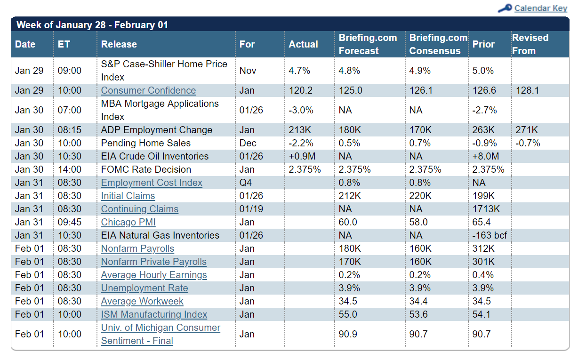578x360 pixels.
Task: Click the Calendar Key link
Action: (541, 8)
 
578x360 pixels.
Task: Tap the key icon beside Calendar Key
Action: (505, 8)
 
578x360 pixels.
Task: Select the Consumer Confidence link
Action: (148, 90)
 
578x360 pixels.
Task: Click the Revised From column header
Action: (530, 44)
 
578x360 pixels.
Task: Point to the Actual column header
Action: (303, 44)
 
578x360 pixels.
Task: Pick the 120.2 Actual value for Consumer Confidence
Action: (301, 90)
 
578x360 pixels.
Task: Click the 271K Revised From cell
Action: (527, 130)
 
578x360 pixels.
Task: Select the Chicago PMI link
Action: (128, 222)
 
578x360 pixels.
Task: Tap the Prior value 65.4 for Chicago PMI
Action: (482, 222)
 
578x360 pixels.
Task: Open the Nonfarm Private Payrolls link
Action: (154, 262)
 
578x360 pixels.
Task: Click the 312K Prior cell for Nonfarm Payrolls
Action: (483, 248)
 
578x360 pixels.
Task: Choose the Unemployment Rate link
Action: (144, 288)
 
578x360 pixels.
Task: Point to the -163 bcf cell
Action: (490, 235)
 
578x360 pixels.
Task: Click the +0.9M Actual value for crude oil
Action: (302, 156)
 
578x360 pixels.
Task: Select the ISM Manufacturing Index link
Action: (154, 314)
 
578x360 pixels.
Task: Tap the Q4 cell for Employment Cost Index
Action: (245, 183)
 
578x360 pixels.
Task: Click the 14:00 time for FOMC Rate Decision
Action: (69, 169)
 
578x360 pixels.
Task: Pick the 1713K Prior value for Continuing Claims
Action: (486, 209)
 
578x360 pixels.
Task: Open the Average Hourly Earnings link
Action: (154, 275)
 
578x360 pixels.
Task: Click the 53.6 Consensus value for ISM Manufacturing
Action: (418, 314)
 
